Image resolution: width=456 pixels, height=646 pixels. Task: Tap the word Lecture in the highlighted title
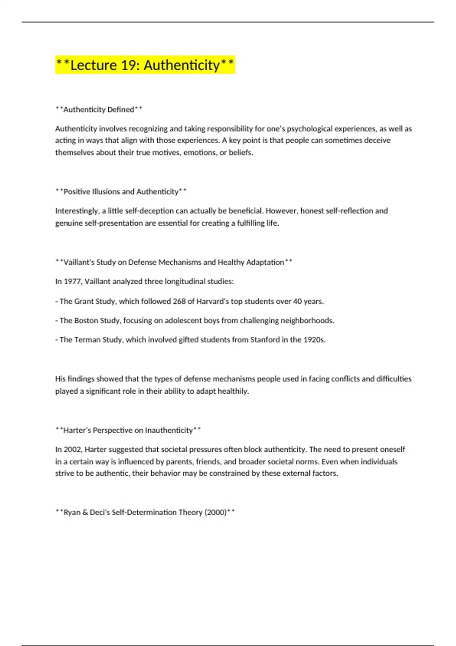click(93, 65)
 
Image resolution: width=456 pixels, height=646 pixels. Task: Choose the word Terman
click(87, 340)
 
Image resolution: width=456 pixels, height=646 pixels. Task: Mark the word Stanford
click(264, 340)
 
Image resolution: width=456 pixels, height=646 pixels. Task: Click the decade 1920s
click(314, 340)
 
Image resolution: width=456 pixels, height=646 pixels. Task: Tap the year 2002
click(72, 450)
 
